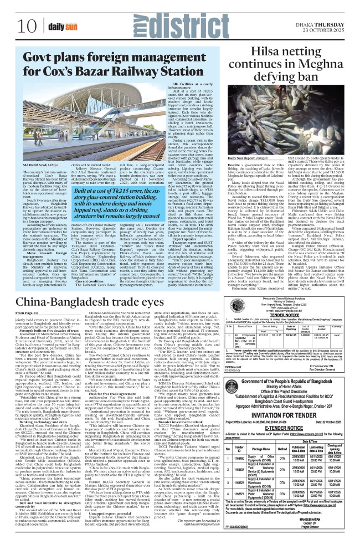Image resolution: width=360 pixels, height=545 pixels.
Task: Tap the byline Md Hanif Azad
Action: [41, 149]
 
